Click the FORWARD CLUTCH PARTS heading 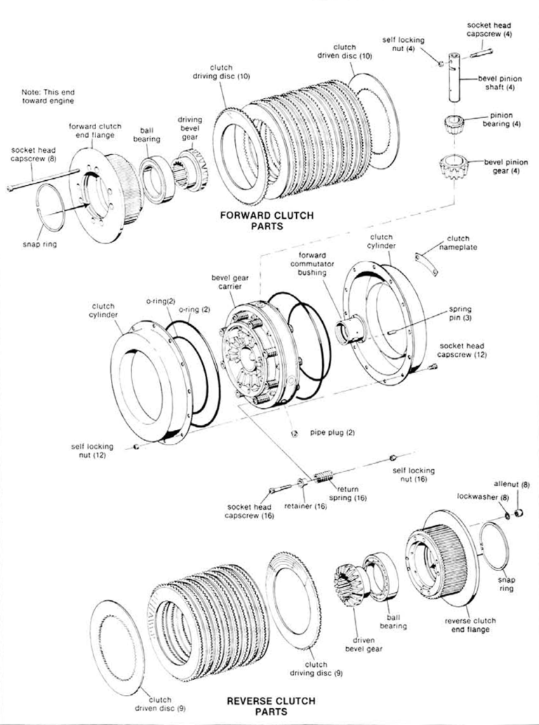pyautogui.click(x=267, y=221)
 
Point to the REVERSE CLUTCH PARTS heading pyautogui.click(x=262, y=705)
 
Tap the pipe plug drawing pyautogui.click(x=295, y=433)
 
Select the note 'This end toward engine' pyautogui.click(x=48, y=97)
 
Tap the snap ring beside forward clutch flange pyautogui.click(x=50, y=208)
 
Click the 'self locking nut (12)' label pyautogui.click(x=90, y=450)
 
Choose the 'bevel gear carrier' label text pyautogui.click(x=230, y=283)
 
